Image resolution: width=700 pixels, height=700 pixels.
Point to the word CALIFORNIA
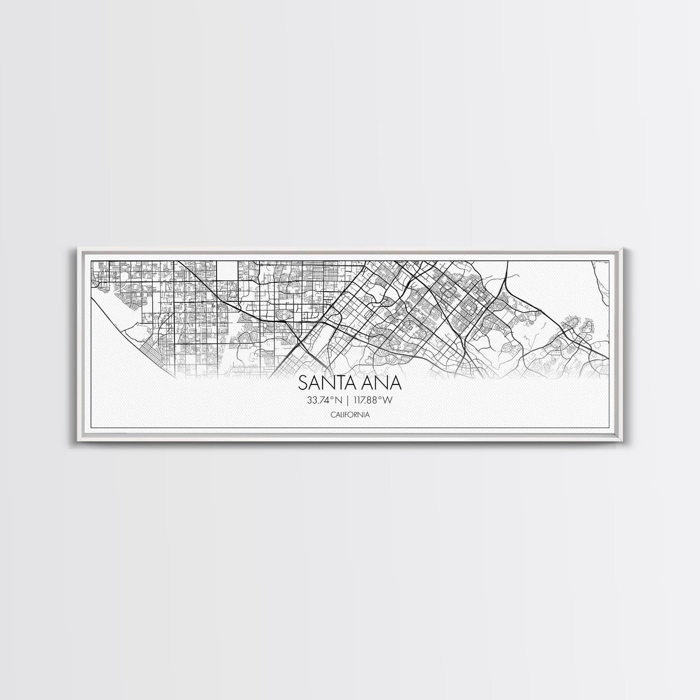[350, 414]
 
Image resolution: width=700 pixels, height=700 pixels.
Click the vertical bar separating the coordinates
[347, 400]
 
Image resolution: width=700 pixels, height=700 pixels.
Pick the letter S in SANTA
[303, 383]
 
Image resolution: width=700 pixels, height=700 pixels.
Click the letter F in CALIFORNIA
[345, 414]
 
